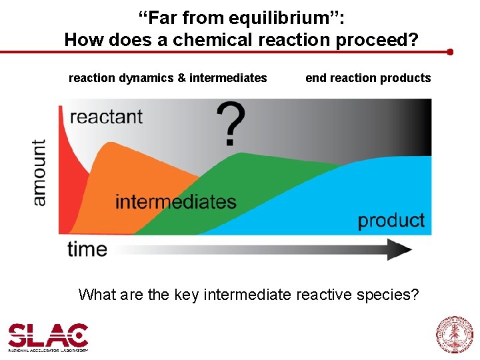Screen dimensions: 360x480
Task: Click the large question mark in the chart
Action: pyautogui.click(x=231, y=125)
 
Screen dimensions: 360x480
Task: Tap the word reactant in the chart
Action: pyautogui.click(x=106, y=117)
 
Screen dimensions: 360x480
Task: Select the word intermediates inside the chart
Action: pyautogui.click(x=175, y=201)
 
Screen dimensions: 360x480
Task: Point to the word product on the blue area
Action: pyautogui.click(x=391, y=220)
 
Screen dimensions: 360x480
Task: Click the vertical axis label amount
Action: pyautogui.click(x=39, y=172)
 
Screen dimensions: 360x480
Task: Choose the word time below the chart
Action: pyautogui.click(x=87, y=249)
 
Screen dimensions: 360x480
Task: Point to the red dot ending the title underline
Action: pyautogui.click(x=450, y=51)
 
